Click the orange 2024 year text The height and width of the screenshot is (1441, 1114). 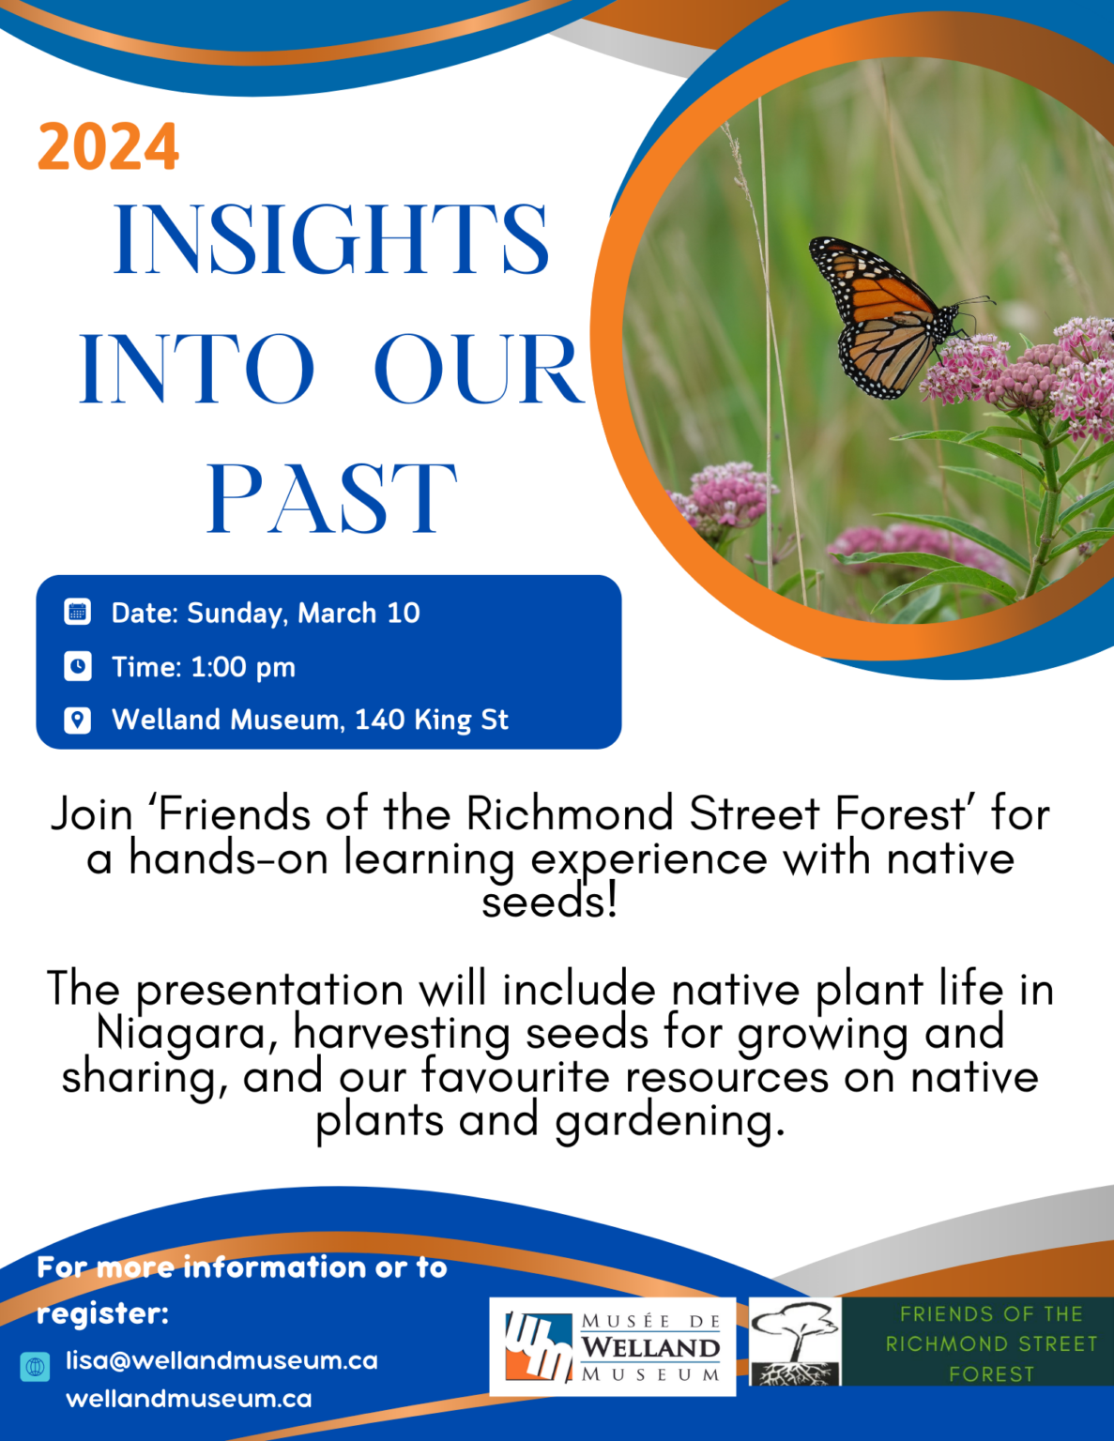pos(108,147)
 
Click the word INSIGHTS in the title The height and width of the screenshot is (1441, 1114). pos(330,240)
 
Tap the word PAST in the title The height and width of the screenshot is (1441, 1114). pos(331,498)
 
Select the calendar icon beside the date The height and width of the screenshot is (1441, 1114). pos(78,613)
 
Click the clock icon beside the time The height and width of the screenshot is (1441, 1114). pos(78,667)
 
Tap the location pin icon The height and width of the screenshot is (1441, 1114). pos(78,720)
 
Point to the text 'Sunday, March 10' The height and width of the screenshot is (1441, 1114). pos(303,614)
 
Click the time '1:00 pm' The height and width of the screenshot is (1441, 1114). pos(243,667)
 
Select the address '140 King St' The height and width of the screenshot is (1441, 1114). pos(432,720)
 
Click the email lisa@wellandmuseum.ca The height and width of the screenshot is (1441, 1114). pos(221,1360)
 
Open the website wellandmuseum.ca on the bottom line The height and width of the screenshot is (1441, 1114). pos(189,1399)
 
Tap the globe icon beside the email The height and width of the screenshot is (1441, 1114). pos(36,1367)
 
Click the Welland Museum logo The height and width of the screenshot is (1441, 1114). pos(612,1347)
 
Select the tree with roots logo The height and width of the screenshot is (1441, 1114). pos(795,1342)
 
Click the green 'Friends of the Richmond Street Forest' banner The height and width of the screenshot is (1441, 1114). pos(990,1343)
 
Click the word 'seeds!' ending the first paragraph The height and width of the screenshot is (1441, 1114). pos(550,903)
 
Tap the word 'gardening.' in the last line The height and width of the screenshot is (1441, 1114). pos(669,1120)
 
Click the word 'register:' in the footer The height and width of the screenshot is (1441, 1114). pos(102,1313)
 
